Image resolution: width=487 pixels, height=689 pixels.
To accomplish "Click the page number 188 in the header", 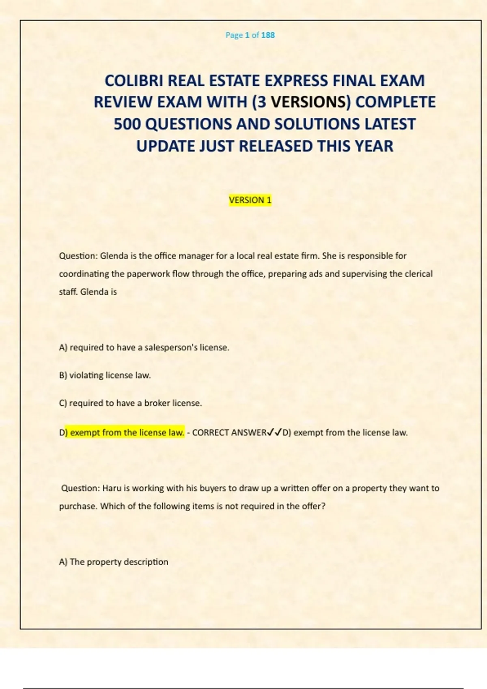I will coord(268,35).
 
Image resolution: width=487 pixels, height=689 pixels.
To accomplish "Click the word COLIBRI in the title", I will coord(134,81).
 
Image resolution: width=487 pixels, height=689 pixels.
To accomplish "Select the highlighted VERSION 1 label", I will coord(250,200).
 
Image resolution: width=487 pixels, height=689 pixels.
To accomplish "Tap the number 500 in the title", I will coord(127,124).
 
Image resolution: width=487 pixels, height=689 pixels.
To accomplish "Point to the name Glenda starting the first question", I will coord(114,256).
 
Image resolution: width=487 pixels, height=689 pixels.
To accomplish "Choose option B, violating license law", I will coord(105,375).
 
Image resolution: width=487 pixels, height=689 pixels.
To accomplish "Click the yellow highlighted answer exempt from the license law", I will coord(127,432).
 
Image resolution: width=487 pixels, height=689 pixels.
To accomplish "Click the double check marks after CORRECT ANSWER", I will coord(275,433).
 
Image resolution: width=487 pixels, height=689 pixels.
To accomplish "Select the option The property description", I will coord(114,562).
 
